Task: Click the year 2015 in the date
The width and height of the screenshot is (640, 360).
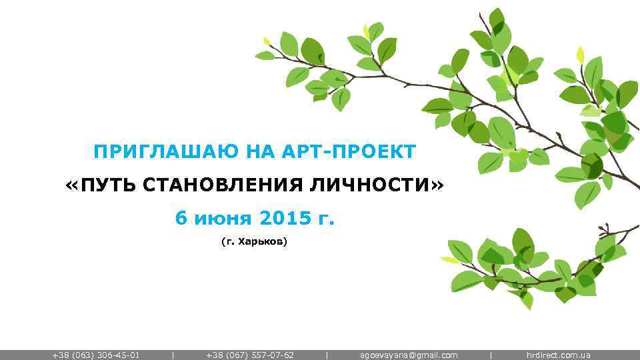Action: click(286, 217)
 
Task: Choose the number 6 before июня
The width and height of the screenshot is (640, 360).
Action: click(180, 217)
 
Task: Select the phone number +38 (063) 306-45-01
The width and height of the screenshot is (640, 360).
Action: click(96, 355)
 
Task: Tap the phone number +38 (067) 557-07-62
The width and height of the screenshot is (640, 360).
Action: click(250, 355)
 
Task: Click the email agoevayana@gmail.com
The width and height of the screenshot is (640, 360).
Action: click(409, 355)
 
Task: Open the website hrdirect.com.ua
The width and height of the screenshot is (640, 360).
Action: click(558, 355)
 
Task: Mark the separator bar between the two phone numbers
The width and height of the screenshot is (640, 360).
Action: click(173, 355)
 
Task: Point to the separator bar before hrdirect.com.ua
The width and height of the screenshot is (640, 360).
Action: click(491, 355)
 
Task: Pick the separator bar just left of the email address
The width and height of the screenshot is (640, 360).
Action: click(327, 355)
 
